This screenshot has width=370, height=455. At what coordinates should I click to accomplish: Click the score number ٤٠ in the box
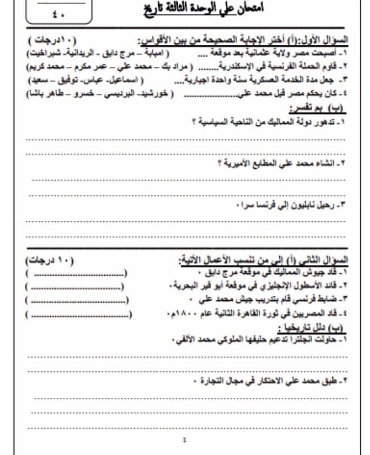pos(57,15)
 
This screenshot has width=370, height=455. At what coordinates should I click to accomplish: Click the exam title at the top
pos(203,11)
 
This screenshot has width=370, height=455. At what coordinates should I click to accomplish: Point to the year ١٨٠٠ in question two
pos(191,314)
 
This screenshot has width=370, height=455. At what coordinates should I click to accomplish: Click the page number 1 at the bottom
pos(185,440)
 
